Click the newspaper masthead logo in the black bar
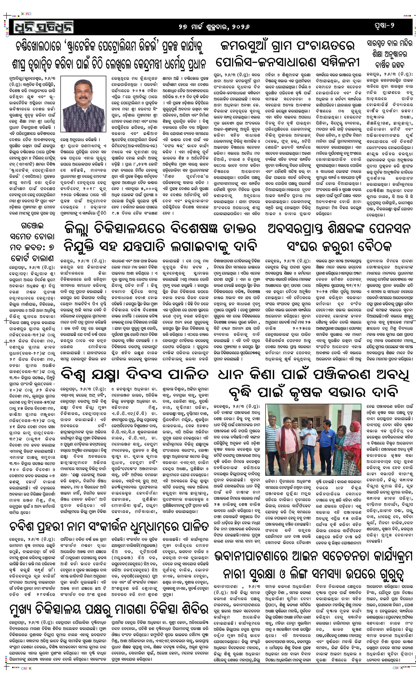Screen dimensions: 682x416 [x=42, y=27]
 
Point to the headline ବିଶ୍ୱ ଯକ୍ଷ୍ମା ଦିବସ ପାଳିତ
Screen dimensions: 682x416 [x=134, y=375]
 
